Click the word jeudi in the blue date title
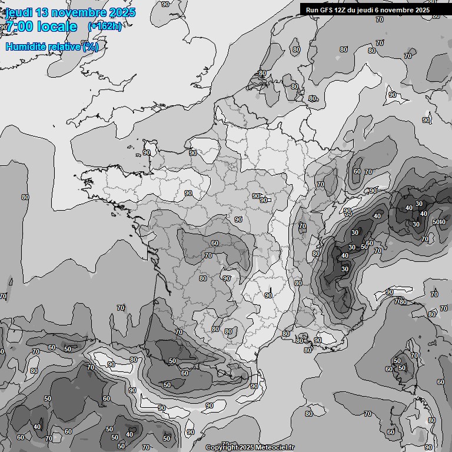18,12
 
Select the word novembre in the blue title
79,12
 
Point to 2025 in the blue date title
122,12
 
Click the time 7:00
18,26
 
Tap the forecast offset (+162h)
104,26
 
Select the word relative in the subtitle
65,46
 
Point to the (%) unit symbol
90,46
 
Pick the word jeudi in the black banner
370,10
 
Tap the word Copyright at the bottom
222,448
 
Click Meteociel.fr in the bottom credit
275,448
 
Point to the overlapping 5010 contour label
439,222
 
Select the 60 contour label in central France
215,243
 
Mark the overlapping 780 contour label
400,302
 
